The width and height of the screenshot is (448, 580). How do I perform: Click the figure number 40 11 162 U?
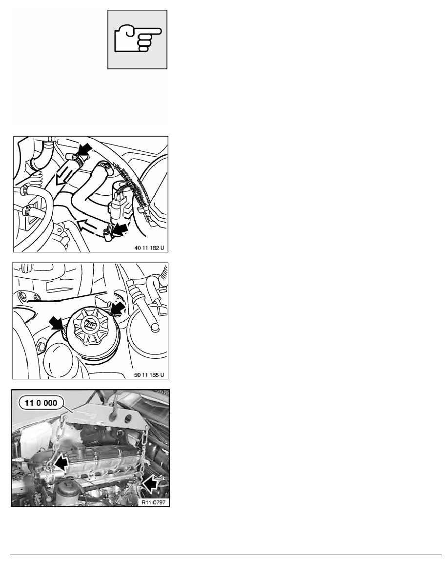(x=149, y=248)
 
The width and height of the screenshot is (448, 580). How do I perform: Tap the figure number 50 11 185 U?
(x=149, y=375)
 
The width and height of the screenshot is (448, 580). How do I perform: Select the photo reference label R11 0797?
(x=153, y=502)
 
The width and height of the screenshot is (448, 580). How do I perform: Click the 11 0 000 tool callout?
(x=41, y=403)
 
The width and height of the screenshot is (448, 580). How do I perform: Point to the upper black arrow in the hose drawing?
(x=84, y=151)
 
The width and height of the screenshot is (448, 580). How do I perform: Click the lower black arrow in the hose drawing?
(x=120, y=229)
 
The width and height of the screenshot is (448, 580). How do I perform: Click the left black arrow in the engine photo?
(x=61, y=463)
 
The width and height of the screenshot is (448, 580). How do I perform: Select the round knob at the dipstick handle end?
(x=155, y=327)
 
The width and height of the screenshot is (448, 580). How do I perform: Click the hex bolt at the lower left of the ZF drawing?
(x=41, y=346)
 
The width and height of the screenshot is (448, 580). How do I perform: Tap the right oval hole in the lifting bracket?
(x=128, y=418)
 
